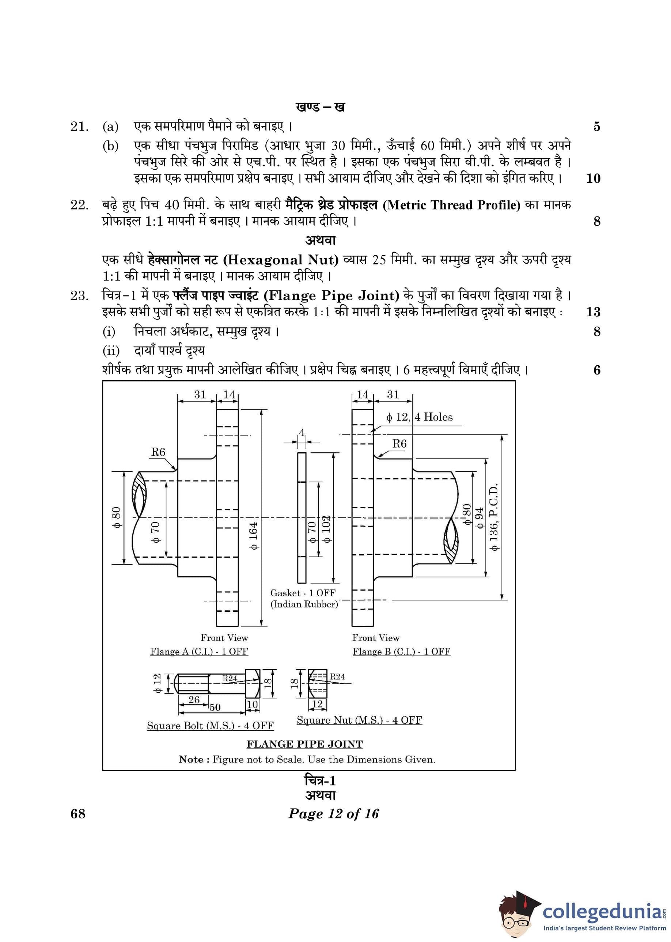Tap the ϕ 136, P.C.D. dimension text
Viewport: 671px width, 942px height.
493,516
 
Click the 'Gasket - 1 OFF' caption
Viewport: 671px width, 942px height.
303,592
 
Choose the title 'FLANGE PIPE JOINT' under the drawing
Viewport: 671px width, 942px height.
305,744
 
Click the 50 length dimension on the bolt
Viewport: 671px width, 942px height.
215,707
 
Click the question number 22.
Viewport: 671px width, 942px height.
79,205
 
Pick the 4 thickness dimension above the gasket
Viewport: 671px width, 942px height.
302,432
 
